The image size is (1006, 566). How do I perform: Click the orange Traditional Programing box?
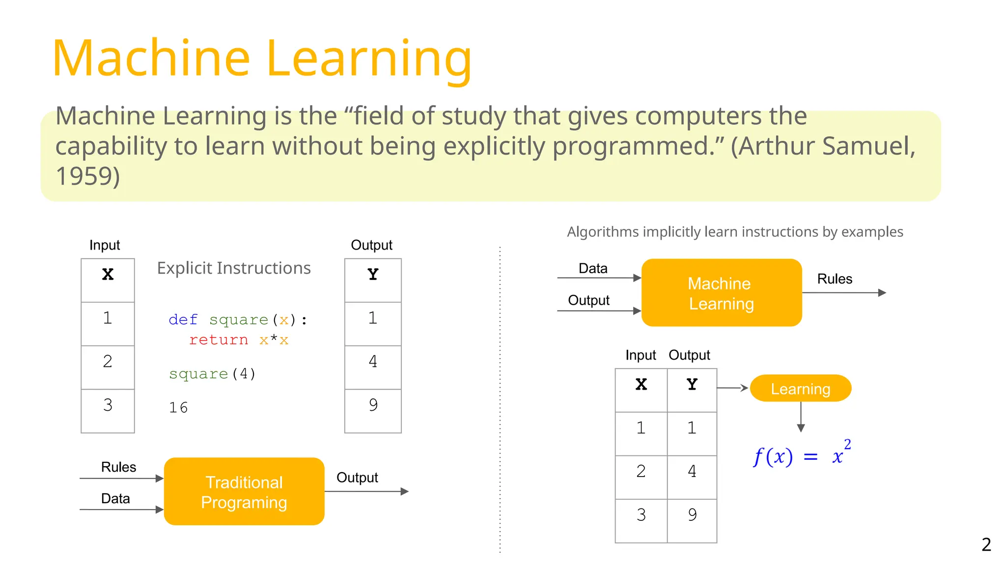(x=244, y=491)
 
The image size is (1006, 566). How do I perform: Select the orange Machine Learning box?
(x=721, y=293)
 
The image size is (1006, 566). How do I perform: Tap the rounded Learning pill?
(x=800, y=389)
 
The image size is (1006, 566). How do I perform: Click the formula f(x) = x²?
(x=802, y=455)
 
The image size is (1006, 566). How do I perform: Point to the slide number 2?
(x=986, y=544)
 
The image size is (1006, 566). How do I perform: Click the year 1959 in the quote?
(x=87, y=176)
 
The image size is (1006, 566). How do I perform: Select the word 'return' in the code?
(x=219, y=340)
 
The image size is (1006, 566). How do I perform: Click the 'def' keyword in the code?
(x=183, y=320)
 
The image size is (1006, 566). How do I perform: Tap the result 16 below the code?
(x=178, y=407)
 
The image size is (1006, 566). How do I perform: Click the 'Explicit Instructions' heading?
(x=234, y=268)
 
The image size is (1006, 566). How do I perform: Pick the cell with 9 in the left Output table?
(x=373, y=405)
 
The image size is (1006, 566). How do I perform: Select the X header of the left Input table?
(x=108, y=274)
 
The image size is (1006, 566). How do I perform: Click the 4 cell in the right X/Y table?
(x=692, y=472)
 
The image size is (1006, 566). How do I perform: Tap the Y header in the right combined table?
(x=692, y=384)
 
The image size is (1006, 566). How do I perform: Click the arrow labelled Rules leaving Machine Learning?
(x=844, y=293)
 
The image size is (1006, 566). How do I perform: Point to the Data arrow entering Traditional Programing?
(x=121, y=509)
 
